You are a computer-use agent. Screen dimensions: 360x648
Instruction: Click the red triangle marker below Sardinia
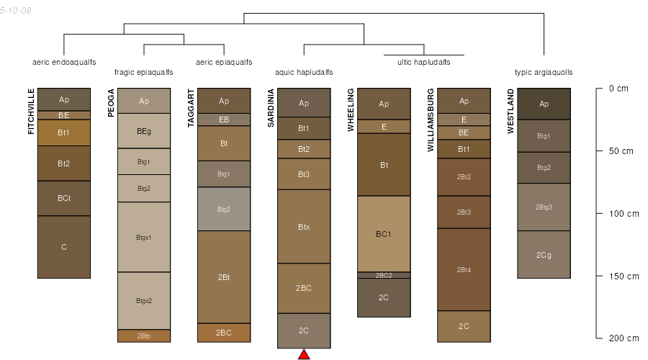(304, 354)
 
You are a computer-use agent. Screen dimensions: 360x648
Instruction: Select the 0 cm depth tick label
(618, 89)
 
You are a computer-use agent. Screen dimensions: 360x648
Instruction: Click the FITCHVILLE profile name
(31, 111)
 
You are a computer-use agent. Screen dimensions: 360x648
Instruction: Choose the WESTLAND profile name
(510, 111)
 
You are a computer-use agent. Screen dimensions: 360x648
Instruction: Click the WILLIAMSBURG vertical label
(431, 120)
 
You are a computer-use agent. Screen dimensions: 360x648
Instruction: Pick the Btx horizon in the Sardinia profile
(304, 227)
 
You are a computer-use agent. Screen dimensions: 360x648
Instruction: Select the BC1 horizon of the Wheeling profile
(384, 234)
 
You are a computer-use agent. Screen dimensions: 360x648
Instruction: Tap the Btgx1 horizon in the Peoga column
(144, 237)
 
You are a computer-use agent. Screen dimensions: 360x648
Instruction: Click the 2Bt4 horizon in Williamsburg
(464, 269)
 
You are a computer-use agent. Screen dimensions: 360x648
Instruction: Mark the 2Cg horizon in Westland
(544, 254)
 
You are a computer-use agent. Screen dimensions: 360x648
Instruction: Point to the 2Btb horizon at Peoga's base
(144, 336)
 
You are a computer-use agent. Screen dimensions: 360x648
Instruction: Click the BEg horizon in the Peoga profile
(144, 131)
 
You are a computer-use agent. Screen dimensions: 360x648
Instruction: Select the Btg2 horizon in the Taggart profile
(224, 209)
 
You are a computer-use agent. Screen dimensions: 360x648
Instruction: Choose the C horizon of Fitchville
(64, 247)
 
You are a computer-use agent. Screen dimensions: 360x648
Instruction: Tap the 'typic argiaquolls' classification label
(544, 72)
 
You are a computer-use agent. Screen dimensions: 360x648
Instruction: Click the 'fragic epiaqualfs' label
(144, 72)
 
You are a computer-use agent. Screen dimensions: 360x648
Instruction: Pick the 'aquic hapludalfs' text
(304, 72)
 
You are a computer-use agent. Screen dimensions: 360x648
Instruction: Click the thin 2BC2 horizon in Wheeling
(384, 275)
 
